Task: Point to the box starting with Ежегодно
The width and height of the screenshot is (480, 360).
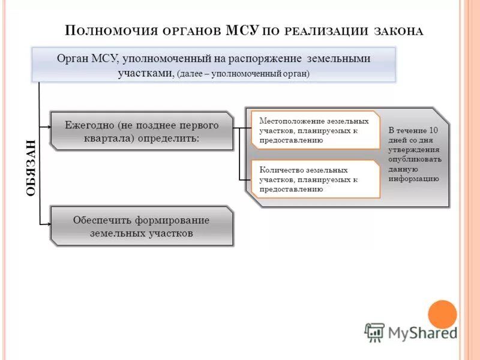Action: [x=142, y=131]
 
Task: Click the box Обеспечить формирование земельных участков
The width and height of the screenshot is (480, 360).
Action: [x=142, y=226]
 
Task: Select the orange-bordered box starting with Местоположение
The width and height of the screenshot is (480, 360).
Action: [x=315, y=130]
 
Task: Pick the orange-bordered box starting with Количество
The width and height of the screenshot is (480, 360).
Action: [x=315, y=179]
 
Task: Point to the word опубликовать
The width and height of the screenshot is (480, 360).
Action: [x=415, y=159]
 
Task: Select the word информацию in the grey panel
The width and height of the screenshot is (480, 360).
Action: [x=413, y=178]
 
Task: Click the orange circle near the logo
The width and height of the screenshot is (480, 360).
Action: [x=442, y=314]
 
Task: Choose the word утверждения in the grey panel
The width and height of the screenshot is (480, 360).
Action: [x=413, y=149]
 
